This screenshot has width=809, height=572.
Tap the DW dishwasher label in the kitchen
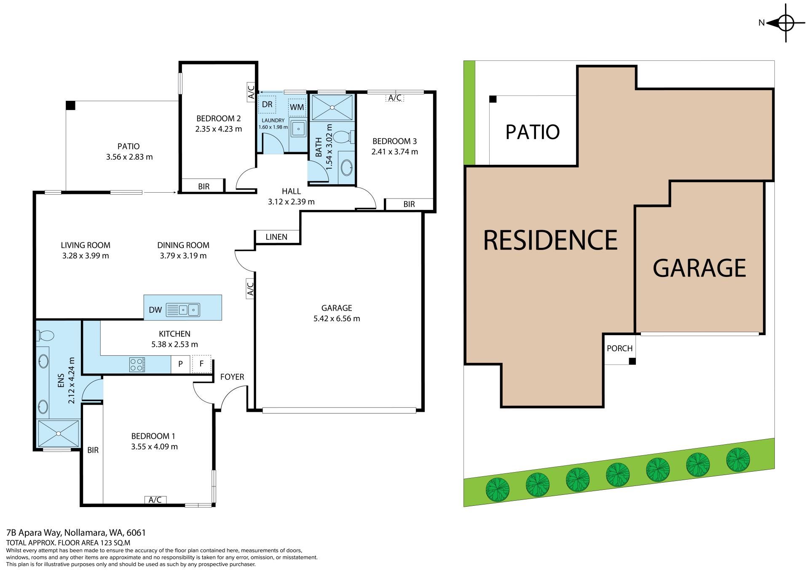tap(155, 310)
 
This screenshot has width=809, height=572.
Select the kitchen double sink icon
tap(183, 310)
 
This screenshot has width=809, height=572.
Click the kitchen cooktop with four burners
tap(137, 364)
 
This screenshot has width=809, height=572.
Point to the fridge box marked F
tap(201, 364)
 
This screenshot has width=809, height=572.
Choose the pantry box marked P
tap(180, 364)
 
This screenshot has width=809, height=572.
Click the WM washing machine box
tap(297, 107)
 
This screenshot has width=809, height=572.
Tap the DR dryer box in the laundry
tap(267, 105)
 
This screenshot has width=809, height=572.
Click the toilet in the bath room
tap(346, 137)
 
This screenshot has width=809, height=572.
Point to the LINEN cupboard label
tap(277, 237)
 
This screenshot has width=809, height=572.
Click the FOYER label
tap(232, 377)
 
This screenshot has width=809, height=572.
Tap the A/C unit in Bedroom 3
tap(395, 98)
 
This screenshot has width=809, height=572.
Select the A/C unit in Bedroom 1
tap(155, 500)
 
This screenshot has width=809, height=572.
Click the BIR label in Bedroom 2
tap(204, 186)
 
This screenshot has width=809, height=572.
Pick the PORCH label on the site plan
tap(620, 349)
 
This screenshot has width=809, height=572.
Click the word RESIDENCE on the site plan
tap(550, 240)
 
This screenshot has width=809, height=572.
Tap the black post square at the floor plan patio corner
tap(70, 105)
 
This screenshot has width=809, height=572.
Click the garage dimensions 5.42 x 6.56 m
tap(337, 319)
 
